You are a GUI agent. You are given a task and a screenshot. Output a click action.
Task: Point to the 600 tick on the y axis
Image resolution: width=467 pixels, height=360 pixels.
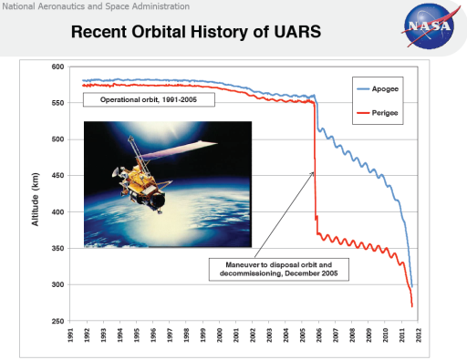(57, 67)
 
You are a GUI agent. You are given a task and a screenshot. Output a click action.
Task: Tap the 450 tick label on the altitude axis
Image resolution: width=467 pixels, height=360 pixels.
(57, 176)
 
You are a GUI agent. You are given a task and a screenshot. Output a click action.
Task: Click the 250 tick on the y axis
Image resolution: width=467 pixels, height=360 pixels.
(57, 322)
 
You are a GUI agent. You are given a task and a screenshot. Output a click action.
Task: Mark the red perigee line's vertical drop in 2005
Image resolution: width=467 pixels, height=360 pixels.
(315, 164)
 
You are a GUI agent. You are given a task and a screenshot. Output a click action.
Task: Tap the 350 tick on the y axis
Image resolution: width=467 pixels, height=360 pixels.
(57, 249)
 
